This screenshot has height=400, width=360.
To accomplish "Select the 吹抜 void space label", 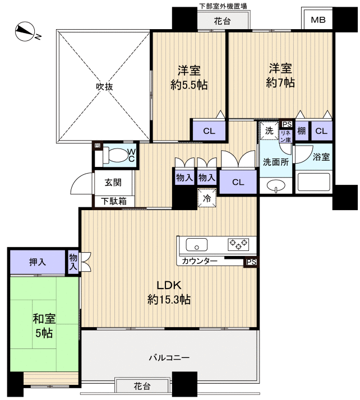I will (x=104, y=86).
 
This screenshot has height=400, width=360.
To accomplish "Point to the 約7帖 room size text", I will (x=280, y=83).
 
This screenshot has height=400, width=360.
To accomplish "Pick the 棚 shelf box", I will (x=302, y=131).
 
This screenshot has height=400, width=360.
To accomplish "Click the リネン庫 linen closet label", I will (x=286, y=134).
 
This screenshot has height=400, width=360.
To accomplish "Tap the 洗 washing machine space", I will (x=269, y=131).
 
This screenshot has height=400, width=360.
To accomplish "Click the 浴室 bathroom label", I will (x=321, y=157).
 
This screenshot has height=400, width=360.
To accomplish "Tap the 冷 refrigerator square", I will (x=206, y=197).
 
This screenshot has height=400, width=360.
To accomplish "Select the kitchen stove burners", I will (x=239, y=244).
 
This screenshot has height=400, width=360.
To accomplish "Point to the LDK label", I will (x=169, y=283).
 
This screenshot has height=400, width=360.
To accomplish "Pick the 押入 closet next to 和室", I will (x=38, y=261).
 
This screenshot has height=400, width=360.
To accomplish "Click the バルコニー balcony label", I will (x=169, y=357).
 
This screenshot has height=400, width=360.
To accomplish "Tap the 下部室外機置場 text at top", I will (x=223, y=6).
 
